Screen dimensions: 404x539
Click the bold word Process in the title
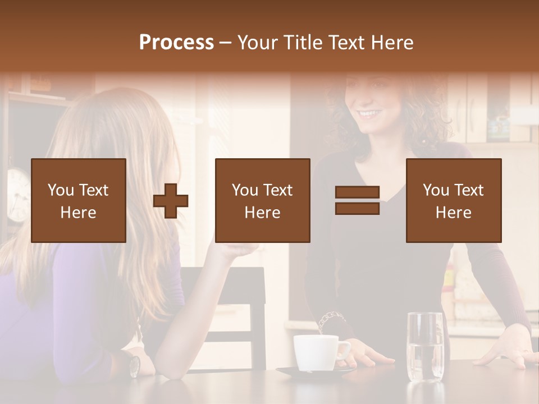tap(176, 43)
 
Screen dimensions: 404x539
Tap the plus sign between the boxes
tap(171, 200)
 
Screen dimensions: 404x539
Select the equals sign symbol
tap(357, 200)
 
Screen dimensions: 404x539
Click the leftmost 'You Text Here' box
tap(79, 200)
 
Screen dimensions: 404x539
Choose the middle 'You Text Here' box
tap(262, 200)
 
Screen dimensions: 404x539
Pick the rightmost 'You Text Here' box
tap(453, 200)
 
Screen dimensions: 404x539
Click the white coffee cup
tap(316, 352)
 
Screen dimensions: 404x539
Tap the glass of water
tap(424, 348)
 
